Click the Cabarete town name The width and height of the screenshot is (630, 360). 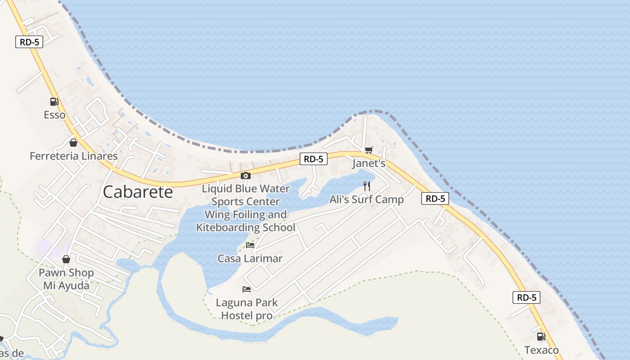tap(138, 192)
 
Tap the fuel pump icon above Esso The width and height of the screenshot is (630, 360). tap(54, 102)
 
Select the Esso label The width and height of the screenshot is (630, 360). tap(54, 115)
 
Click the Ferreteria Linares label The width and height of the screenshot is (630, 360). tap(73, 156)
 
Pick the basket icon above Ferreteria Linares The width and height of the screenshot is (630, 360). tap(73, 143)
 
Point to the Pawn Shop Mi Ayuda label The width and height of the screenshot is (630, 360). tap(66, 279)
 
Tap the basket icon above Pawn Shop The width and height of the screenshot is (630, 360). tap(66, 259)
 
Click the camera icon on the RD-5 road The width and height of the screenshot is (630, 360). tap(245, 175)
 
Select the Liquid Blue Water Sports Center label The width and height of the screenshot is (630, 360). tap(246, 195)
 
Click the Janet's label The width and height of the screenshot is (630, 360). tap(369, 163)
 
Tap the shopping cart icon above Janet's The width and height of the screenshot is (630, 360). tap(369, 150)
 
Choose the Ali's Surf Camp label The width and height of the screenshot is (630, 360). tap(366, 199)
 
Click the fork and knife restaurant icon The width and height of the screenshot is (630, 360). tap(367, 186)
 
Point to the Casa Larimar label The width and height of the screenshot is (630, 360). tap(250, 258)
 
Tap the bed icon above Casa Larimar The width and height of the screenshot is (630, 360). tap(250, 245)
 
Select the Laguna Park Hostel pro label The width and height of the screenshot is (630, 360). tap(247, 309)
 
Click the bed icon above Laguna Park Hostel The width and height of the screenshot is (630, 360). tap(247, 289)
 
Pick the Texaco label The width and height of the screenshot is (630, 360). tap(541, 350)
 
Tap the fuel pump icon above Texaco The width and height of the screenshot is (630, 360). tap(541, 337)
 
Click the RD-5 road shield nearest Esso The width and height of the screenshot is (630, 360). tap(29, 42)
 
